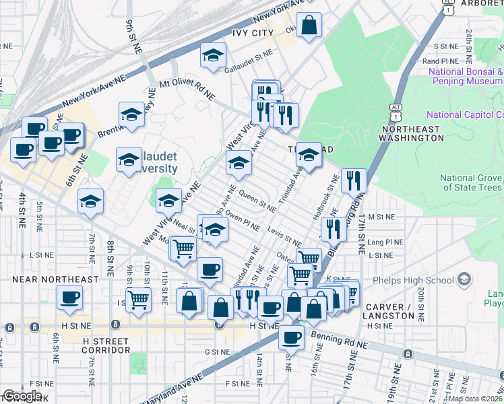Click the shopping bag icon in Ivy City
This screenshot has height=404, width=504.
click(308, 26)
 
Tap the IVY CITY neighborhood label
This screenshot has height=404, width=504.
click(252, 33)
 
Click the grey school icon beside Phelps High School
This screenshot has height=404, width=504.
click(463, 279)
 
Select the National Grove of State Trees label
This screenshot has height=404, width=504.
click(471, 182)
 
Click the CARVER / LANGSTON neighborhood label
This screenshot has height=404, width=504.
click(389, 311)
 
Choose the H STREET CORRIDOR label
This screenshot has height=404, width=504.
click(106, 346)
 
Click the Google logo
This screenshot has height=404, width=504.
click(22, 396)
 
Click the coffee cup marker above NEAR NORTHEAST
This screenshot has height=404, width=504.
click(69, 297)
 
